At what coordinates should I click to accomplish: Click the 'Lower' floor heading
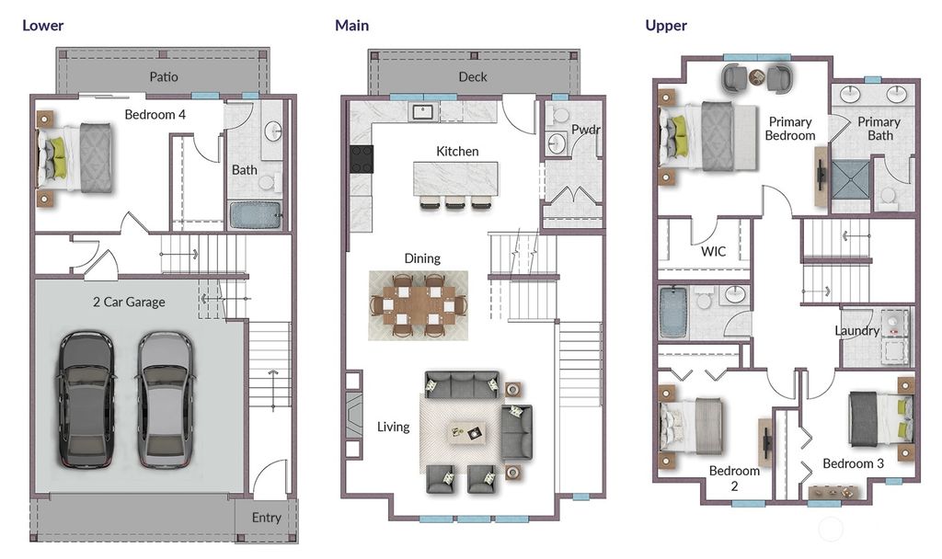pyautogui.click(x=43, y=25)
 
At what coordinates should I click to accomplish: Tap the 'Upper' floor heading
pyautogui.click(x=666, y=25)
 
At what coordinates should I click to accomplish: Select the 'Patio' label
pyautogui.click(x=164, y=76)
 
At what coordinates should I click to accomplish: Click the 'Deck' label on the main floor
pyautogui.click(x=473, y=76)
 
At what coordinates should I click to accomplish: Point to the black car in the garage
pyautogui.click(x=86, y=398)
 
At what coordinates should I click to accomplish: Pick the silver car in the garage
pyautogui.click(x=166, y=398)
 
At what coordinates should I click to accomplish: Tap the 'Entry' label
pyautogui.click(x=267, y=518)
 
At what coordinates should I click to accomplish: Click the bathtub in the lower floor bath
pyautogui.click(x=254, y=215)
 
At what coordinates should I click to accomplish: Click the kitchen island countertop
pyautogui.click(x=455, y=177)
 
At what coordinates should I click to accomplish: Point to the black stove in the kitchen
pyautogui.click(x=362, y=159)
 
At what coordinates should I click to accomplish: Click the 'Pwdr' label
pyautogui.click(x=585, y=130)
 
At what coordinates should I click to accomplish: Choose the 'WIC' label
pyautogui.click(x=714, y=250)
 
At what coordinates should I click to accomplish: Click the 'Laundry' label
pyautogui.click(x=856, y=330)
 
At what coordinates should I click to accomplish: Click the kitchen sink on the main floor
pyautogui.click(x=424, y=112)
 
